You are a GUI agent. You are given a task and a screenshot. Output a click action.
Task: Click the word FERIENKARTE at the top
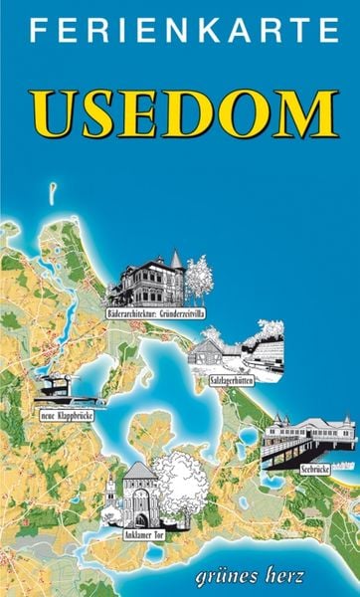point(180,33)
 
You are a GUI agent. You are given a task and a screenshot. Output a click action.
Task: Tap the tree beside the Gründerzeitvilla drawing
point(199,278)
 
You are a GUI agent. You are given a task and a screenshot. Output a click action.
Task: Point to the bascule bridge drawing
point(62,385)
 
